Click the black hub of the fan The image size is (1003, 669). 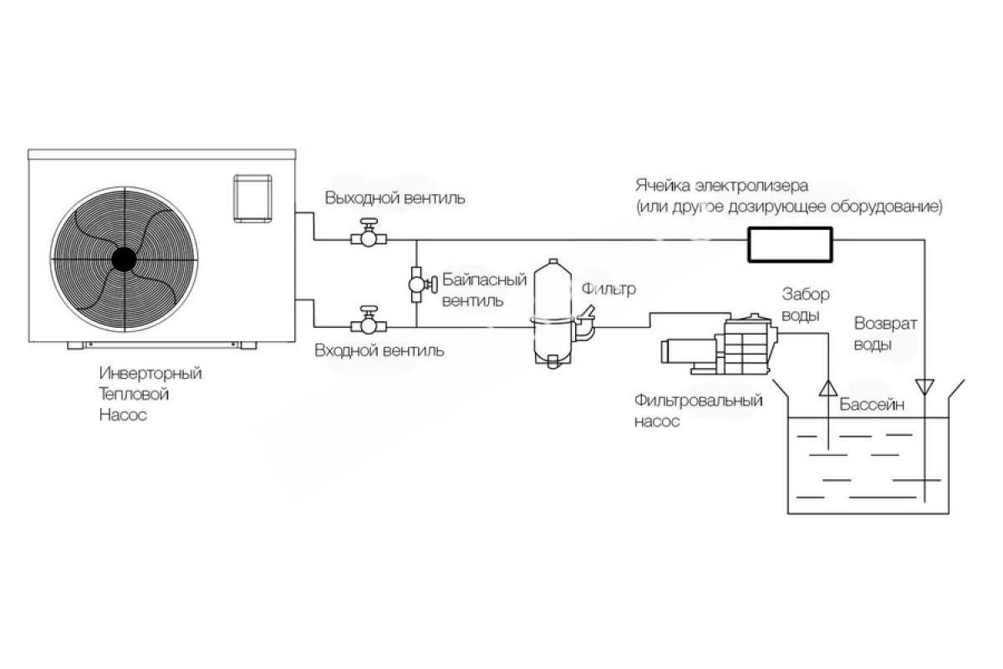pyautogui.click(x=124, y=259)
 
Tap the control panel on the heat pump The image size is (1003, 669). pyautogui.click(x=253, y=198)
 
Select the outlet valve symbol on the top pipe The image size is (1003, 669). pyautogui.click(x=369, y=233)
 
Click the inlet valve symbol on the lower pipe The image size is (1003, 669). pyautogui.click(x=369, y=321)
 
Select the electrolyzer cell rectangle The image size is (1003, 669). pyautogui.click(x=790, y=244)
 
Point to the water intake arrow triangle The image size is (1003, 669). pyautogui.click(x=828, y=388)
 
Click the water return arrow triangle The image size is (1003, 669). pyautogui.click(x=924, y=386)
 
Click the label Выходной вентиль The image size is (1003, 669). pyautogui.click(x=395, y=198)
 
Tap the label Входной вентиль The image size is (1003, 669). pyautogui.click(x=379, y=350)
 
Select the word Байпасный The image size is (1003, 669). pyautogui.click(x=485, y=280)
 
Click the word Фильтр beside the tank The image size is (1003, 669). pyautogui.click(x=608, y=289)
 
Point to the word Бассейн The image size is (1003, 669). pyautogui.click(x=872, y=405)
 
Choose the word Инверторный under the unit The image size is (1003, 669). pyautogui.click(x=150, y=373)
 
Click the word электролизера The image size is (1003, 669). pyautogui.click(x=751, y=186)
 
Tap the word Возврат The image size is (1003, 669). pyautogui.click(x=886, y=324)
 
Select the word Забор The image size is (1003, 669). pyautogui.click(x=806, y=294)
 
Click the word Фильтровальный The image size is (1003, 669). pyautogui.click(x=698, y=400)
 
